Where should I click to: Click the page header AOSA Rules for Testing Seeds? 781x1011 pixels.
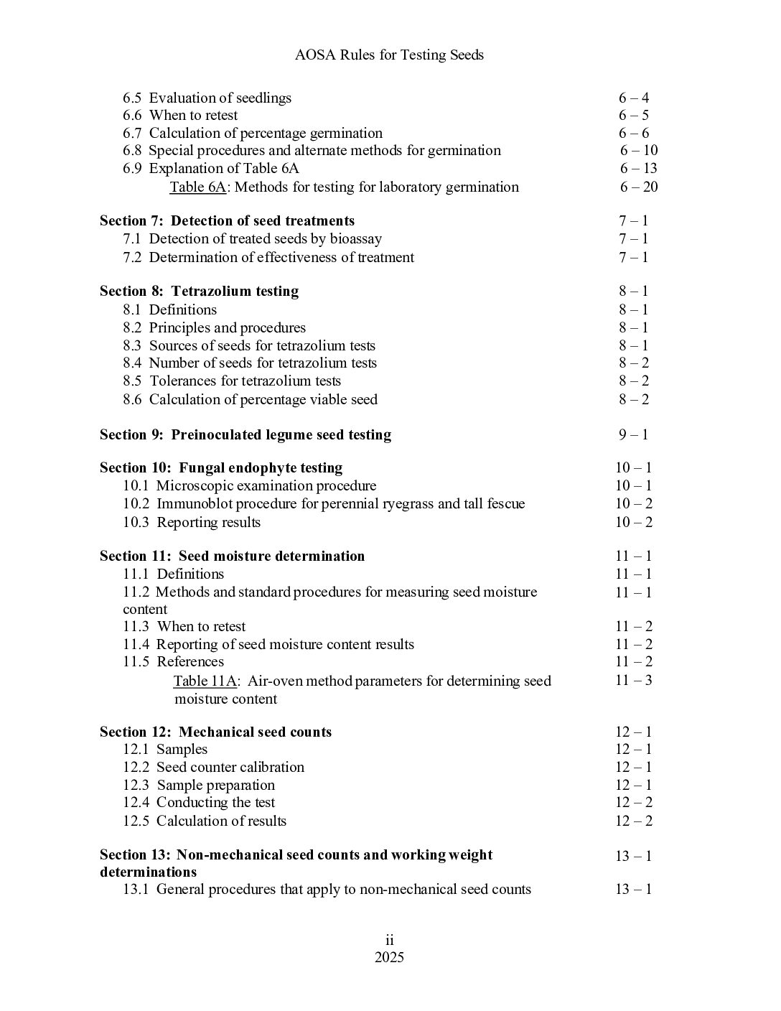pyautogui.click(x=389, y=55)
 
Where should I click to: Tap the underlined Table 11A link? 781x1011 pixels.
pyautogui.click(x=205, y=681)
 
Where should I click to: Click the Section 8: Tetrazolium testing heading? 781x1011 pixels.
pyautogui.click(x=199, y=292)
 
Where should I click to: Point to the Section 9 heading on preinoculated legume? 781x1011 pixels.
pyautogui.click(x=245, y=435)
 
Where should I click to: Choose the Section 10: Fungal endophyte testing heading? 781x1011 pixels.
pyautogui.click(x=221, y=468)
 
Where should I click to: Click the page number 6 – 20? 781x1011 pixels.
pyautogui.click(x=639, y=187)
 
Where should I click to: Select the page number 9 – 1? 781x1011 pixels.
pyautogui.click(x=633, y=435)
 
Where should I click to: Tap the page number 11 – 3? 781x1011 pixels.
pyautogui.click(x=633, y=681)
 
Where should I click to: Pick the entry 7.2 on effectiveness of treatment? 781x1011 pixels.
pyautogui.click(x=268, y=258)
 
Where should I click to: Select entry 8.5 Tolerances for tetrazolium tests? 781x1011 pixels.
pyautogui.click(x=231, y=381)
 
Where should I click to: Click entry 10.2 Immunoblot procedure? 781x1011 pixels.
pyautogui.click(x=323, y=504)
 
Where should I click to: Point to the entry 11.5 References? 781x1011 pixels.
pyautogui.click(x=173, y=662)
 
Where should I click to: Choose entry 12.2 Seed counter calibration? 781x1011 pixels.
pyautogui.click(x=213, y=768)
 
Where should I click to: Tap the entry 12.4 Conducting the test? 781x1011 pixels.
pyautogui.click(x=199, y=803)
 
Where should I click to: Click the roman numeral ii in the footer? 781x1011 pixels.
pyautogui.click(x=390, y=941)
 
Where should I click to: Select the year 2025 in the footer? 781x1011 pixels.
pyautogui.click(x=389, y=958)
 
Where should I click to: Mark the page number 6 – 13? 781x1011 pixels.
pyautogui.click(x=639, y=169)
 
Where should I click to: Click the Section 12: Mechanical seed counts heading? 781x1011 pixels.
pyautogui.click(x=215, y=732)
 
